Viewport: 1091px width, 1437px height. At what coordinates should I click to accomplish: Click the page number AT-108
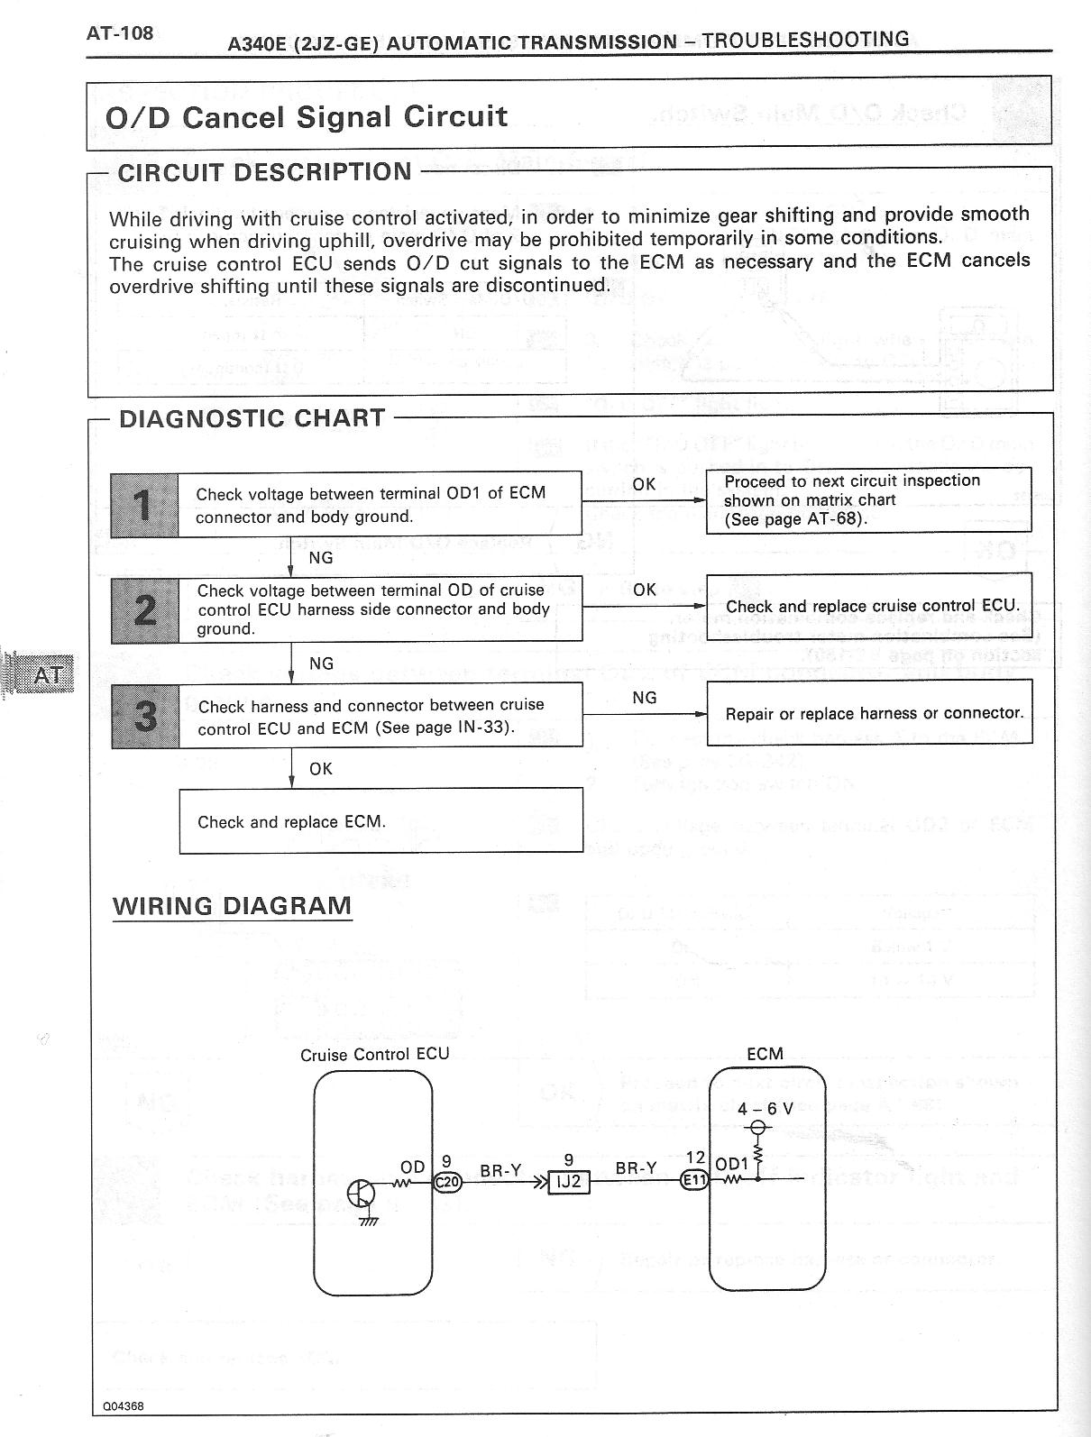[120, 34]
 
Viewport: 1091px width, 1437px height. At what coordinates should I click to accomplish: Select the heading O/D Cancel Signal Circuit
[307, 116]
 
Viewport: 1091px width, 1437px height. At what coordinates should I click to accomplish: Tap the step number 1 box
[144, 504]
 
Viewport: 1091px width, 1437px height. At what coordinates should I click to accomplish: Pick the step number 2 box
[144, 609]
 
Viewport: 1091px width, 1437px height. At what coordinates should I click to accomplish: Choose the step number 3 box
[144, 716]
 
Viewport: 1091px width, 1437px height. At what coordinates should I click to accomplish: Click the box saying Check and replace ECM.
[380, 820]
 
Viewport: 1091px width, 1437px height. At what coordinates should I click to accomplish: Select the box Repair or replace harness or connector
[869, 713]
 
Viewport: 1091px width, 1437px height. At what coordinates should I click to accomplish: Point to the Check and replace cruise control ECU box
[869, 607]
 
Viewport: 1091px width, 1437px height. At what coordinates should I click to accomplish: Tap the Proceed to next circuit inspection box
[869, 500]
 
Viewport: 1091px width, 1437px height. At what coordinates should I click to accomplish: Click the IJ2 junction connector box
[569, 1181]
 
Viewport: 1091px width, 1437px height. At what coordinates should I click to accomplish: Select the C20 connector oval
[447, 1181]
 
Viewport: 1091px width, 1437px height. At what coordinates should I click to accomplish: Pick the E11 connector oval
[695, 1181]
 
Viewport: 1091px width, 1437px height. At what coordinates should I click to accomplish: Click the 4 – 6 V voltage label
[765, 1109]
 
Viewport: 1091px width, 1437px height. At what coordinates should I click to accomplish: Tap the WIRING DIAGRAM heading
[232, 906]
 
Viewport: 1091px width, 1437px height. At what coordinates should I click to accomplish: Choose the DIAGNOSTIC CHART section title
[252, 418]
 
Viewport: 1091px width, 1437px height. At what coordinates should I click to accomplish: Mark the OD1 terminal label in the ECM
[731, 1164]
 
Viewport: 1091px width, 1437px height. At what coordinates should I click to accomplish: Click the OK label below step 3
[321, 769]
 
